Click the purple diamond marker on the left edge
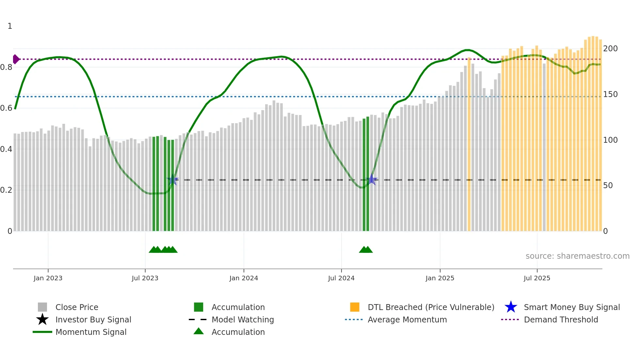[x=16, y=59]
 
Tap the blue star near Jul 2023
[x=173, y=180]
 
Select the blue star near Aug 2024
[x=372, y=180]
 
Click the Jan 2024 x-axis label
[x=244, y=278]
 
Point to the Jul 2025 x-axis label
[x=537, y=278]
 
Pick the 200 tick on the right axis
[x=610, y=49]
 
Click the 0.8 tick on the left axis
[x=7, y=67]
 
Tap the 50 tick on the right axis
[x=608, y=186]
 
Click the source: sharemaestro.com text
[x=577, y=256]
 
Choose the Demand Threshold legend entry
[x=561, y=319]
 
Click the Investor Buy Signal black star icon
[x=42, y=319]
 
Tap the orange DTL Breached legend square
[x=355, y=307]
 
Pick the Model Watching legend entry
[x=242, y=319]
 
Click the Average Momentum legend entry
[x=407, y=319]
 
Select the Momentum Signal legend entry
[x=91, y=332]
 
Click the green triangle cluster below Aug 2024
[x=366, y=250]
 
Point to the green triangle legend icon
[x=199, y=332]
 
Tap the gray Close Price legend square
[x=42, y=307]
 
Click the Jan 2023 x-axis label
[x=48, y=278]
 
